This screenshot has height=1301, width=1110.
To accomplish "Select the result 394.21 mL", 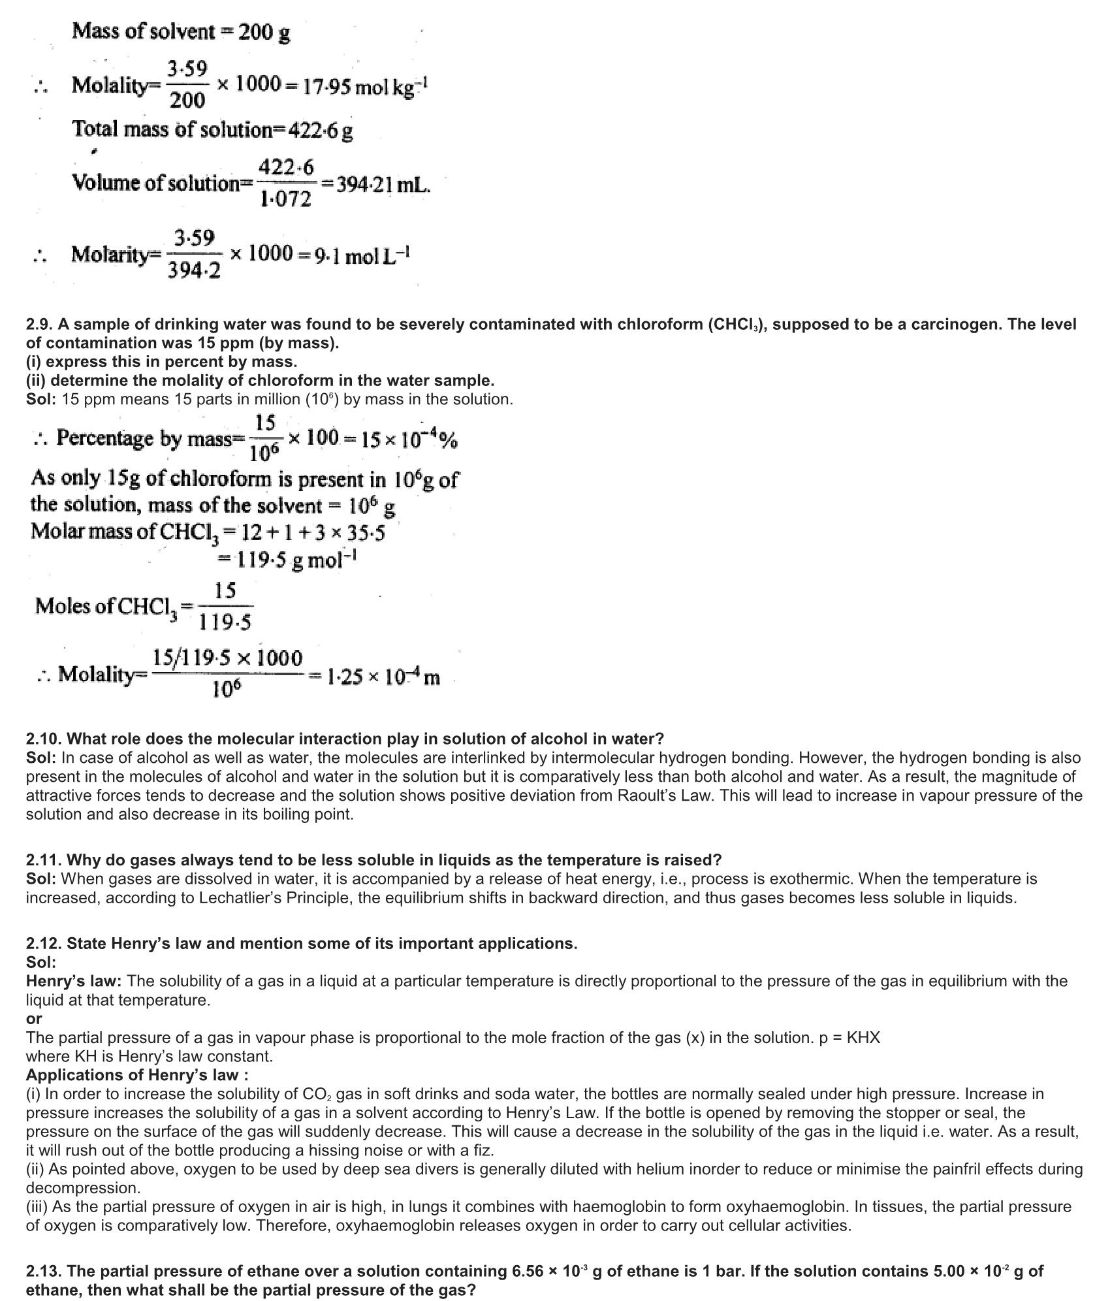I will click(381, 184).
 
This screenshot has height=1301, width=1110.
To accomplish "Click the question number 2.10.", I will click(44, 739).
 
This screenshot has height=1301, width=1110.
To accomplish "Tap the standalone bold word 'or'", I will click(34, 1018).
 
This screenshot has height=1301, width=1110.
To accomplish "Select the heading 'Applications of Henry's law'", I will click(136, 1075).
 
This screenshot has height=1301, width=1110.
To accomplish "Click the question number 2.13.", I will click(44, 1271).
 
